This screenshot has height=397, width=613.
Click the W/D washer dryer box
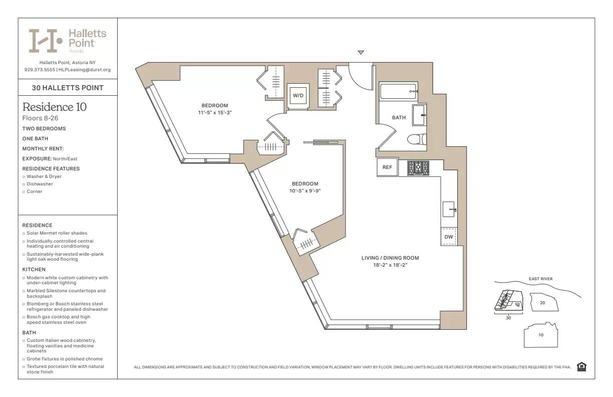click(298, 95)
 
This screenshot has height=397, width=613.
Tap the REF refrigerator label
click(387, 168)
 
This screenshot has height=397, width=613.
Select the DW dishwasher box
click(449, 237)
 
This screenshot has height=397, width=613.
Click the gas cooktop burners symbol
click(418, 168)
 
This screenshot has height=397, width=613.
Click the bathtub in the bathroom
click(399, 92)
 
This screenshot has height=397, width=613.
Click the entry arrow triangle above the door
click(361, 53)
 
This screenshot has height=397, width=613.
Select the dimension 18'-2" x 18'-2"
click(390, 265)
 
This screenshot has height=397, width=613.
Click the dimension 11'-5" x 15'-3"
click(215, 113)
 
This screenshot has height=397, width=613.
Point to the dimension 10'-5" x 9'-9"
click(305, 191)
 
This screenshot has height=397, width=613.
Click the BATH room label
click(399, 118)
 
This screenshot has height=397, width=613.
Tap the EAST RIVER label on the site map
click(540, 279)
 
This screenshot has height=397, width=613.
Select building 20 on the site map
click(542, 303)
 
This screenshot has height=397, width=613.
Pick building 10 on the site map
click(540, 335)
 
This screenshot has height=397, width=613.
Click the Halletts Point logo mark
click(45, 41)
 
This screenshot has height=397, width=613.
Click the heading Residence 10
click(55, 107)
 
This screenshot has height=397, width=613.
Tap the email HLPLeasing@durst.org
click(85, 70)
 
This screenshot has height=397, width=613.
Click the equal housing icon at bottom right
click(581, 366)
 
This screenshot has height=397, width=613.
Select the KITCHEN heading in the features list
click(34, 270)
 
